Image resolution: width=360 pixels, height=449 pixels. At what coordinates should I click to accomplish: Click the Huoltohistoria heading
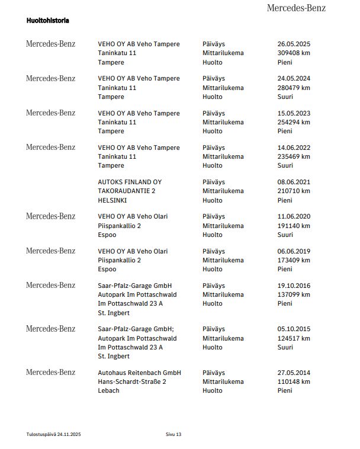[48, 20]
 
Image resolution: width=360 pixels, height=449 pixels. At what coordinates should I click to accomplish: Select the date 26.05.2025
[294, 44]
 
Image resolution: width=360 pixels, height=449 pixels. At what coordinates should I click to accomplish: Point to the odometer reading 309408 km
[294, 53]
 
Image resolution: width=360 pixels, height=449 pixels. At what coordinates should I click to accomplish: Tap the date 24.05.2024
[294, 78]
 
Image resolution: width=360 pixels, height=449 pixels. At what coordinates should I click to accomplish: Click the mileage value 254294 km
[294, 122]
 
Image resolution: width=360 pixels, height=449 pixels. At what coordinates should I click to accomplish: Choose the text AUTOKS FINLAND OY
[130, 182]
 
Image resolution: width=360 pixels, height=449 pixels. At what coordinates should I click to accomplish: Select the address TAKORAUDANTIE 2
[127, 191]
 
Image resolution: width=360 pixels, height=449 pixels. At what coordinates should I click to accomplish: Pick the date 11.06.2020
[294, 217]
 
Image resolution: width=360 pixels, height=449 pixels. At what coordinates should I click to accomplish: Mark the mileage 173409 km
[294, 260]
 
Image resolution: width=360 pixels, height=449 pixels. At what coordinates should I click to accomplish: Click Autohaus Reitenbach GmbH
[139, 373]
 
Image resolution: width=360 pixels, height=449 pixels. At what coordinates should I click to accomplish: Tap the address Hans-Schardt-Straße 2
[132, 382]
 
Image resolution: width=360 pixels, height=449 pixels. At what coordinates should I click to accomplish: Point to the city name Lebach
[109, 391]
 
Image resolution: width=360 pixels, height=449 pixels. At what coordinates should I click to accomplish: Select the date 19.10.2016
[294, 286]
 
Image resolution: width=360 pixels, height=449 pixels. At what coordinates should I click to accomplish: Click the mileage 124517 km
[294, 338]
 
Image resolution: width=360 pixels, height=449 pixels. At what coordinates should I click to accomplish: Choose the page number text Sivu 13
[173, 435]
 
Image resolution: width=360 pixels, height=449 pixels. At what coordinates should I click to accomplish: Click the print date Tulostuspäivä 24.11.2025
[53, 435]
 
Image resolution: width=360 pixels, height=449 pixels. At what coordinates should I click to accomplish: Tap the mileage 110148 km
[294, 382]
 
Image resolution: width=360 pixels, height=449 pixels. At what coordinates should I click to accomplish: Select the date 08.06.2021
[294, 182]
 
